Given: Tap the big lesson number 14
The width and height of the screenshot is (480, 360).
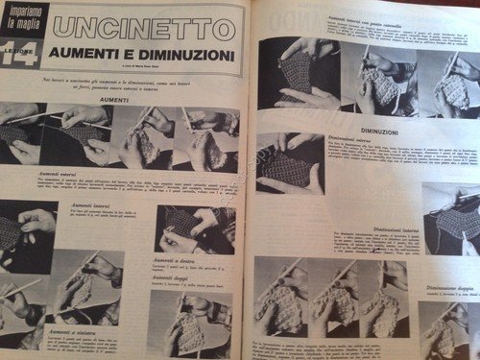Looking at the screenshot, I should pos(20,56).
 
